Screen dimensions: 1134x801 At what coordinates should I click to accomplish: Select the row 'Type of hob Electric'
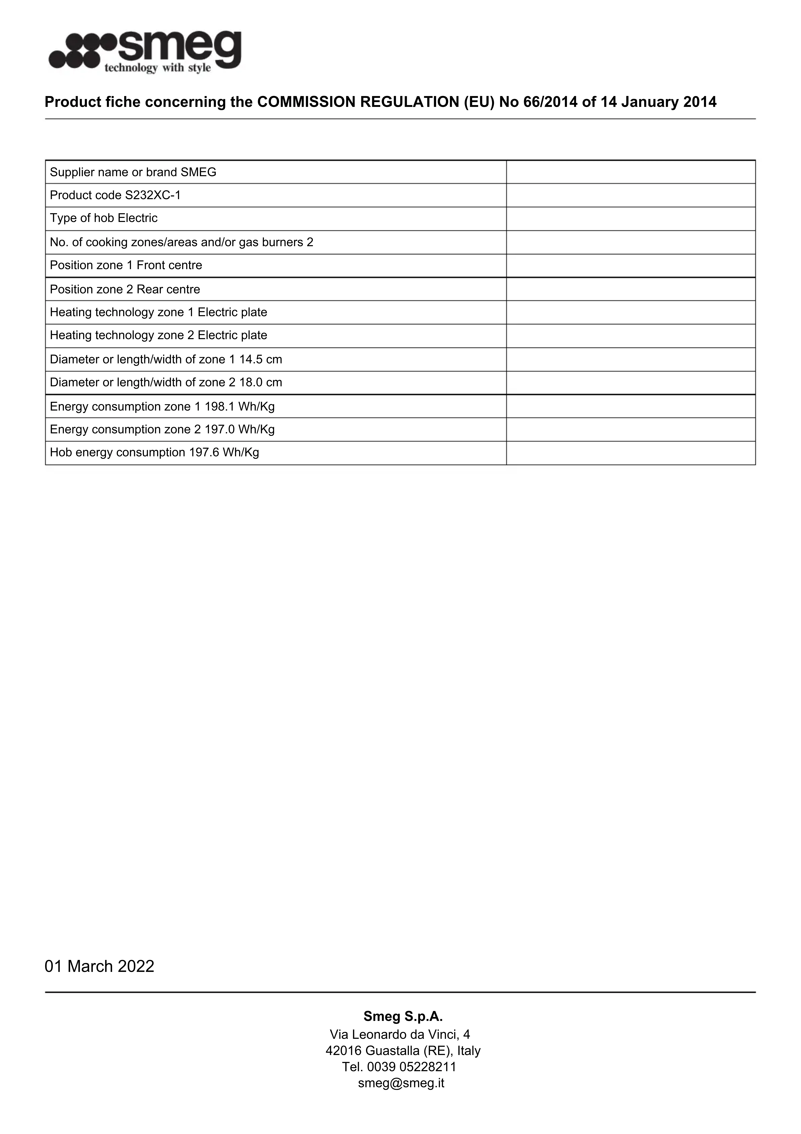104,218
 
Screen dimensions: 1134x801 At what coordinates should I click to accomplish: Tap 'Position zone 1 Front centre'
126,265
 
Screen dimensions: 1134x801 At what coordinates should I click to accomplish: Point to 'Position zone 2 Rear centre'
125,289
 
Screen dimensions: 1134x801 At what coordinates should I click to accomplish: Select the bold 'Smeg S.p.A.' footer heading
403,1016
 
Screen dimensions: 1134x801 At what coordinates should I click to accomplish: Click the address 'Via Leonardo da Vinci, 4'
400,1034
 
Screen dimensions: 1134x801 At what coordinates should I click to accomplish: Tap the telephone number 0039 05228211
411,1067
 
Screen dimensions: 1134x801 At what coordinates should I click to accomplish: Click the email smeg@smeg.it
401,1083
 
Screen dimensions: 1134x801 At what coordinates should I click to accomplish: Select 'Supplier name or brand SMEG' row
133,172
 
